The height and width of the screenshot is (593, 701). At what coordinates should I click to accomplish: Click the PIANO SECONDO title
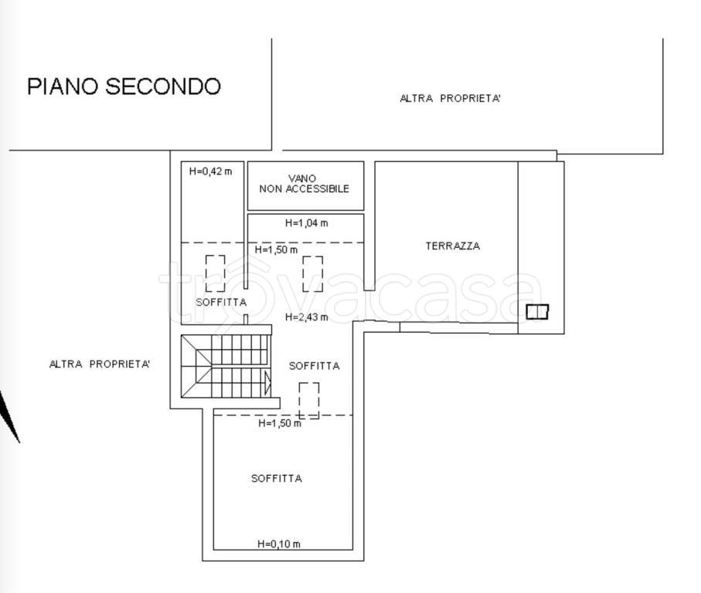[124, 86]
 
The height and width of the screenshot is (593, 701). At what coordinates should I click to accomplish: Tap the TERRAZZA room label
[453, 246]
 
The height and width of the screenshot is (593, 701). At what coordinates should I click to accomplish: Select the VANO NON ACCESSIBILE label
[304, 184]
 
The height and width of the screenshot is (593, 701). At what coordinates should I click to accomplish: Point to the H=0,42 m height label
[210, 171]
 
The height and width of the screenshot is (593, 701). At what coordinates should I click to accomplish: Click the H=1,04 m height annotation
[307, 222]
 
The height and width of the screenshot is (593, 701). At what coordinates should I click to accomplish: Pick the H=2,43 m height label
[307, 317]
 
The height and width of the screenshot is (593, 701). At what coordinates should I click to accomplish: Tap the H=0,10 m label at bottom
[279, 544]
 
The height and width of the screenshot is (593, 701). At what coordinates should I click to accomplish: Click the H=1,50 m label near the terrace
[276, 249]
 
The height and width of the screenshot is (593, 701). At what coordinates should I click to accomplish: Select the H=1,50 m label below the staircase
[280, 422]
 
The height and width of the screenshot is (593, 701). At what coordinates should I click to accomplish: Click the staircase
[226, 366]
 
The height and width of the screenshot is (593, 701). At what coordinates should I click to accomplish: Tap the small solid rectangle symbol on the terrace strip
[537, 311]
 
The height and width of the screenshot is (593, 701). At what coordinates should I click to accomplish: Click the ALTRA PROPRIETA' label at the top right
[450, 98]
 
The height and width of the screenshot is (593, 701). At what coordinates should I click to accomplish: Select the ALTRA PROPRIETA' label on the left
[99, 364]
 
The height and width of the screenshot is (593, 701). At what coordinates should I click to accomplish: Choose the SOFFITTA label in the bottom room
[277, 478]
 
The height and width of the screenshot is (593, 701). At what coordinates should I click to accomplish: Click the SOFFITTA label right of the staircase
[315, 366]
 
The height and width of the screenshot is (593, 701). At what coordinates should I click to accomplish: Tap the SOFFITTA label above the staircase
[221, 302]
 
